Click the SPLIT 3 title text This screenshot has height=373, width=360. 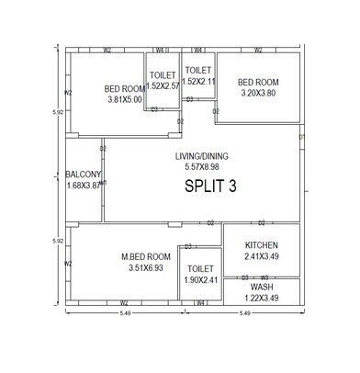pyautogui.click(x=210, y=186)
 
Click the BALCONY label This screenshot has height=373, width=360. pyautogui.click(x=83, y=174)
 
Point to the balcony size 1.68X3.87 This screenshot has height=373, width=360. pyautogui.click(x=84, y=185)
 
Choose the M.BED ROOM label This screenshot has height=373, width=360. pyautogui.click(x=146, y=256)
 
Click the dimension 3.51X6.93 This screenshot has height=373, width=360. pyautogui.click(x=146, y=267)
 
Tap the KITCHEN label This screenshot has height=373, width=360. pyautogui.click(x=262, y=245)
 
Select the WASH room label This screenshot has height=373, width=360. pyautogui.click(x=262, y=287)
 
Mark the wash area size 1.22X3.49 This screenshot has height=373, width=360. pyautogui.click(x=262, y=298)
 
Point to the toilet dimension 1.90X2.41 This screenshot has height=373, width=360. pyautogui.click(x=200, y=279)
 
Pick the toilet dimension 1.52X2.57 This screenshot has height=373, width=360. pyautogui.click(x=164, y=85)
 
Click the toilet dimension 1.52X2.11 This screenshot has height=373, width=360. pyautogui.click(x=199, y=82)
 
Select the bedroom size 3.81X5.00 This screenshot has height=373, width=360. pyautogui.click(x=124, y=99)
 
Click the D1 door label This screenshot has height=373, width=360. pyautogui.click(x=301, y=139)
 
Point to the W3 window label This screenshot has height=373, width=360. pyautogui.click(x=264, y=277)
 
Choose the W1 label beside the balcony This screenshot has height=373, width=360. pyautogui.click(x=104, y=183)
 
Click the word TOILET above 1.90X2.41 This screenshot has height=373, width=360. pyautogui.click(x=200, y=268)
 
